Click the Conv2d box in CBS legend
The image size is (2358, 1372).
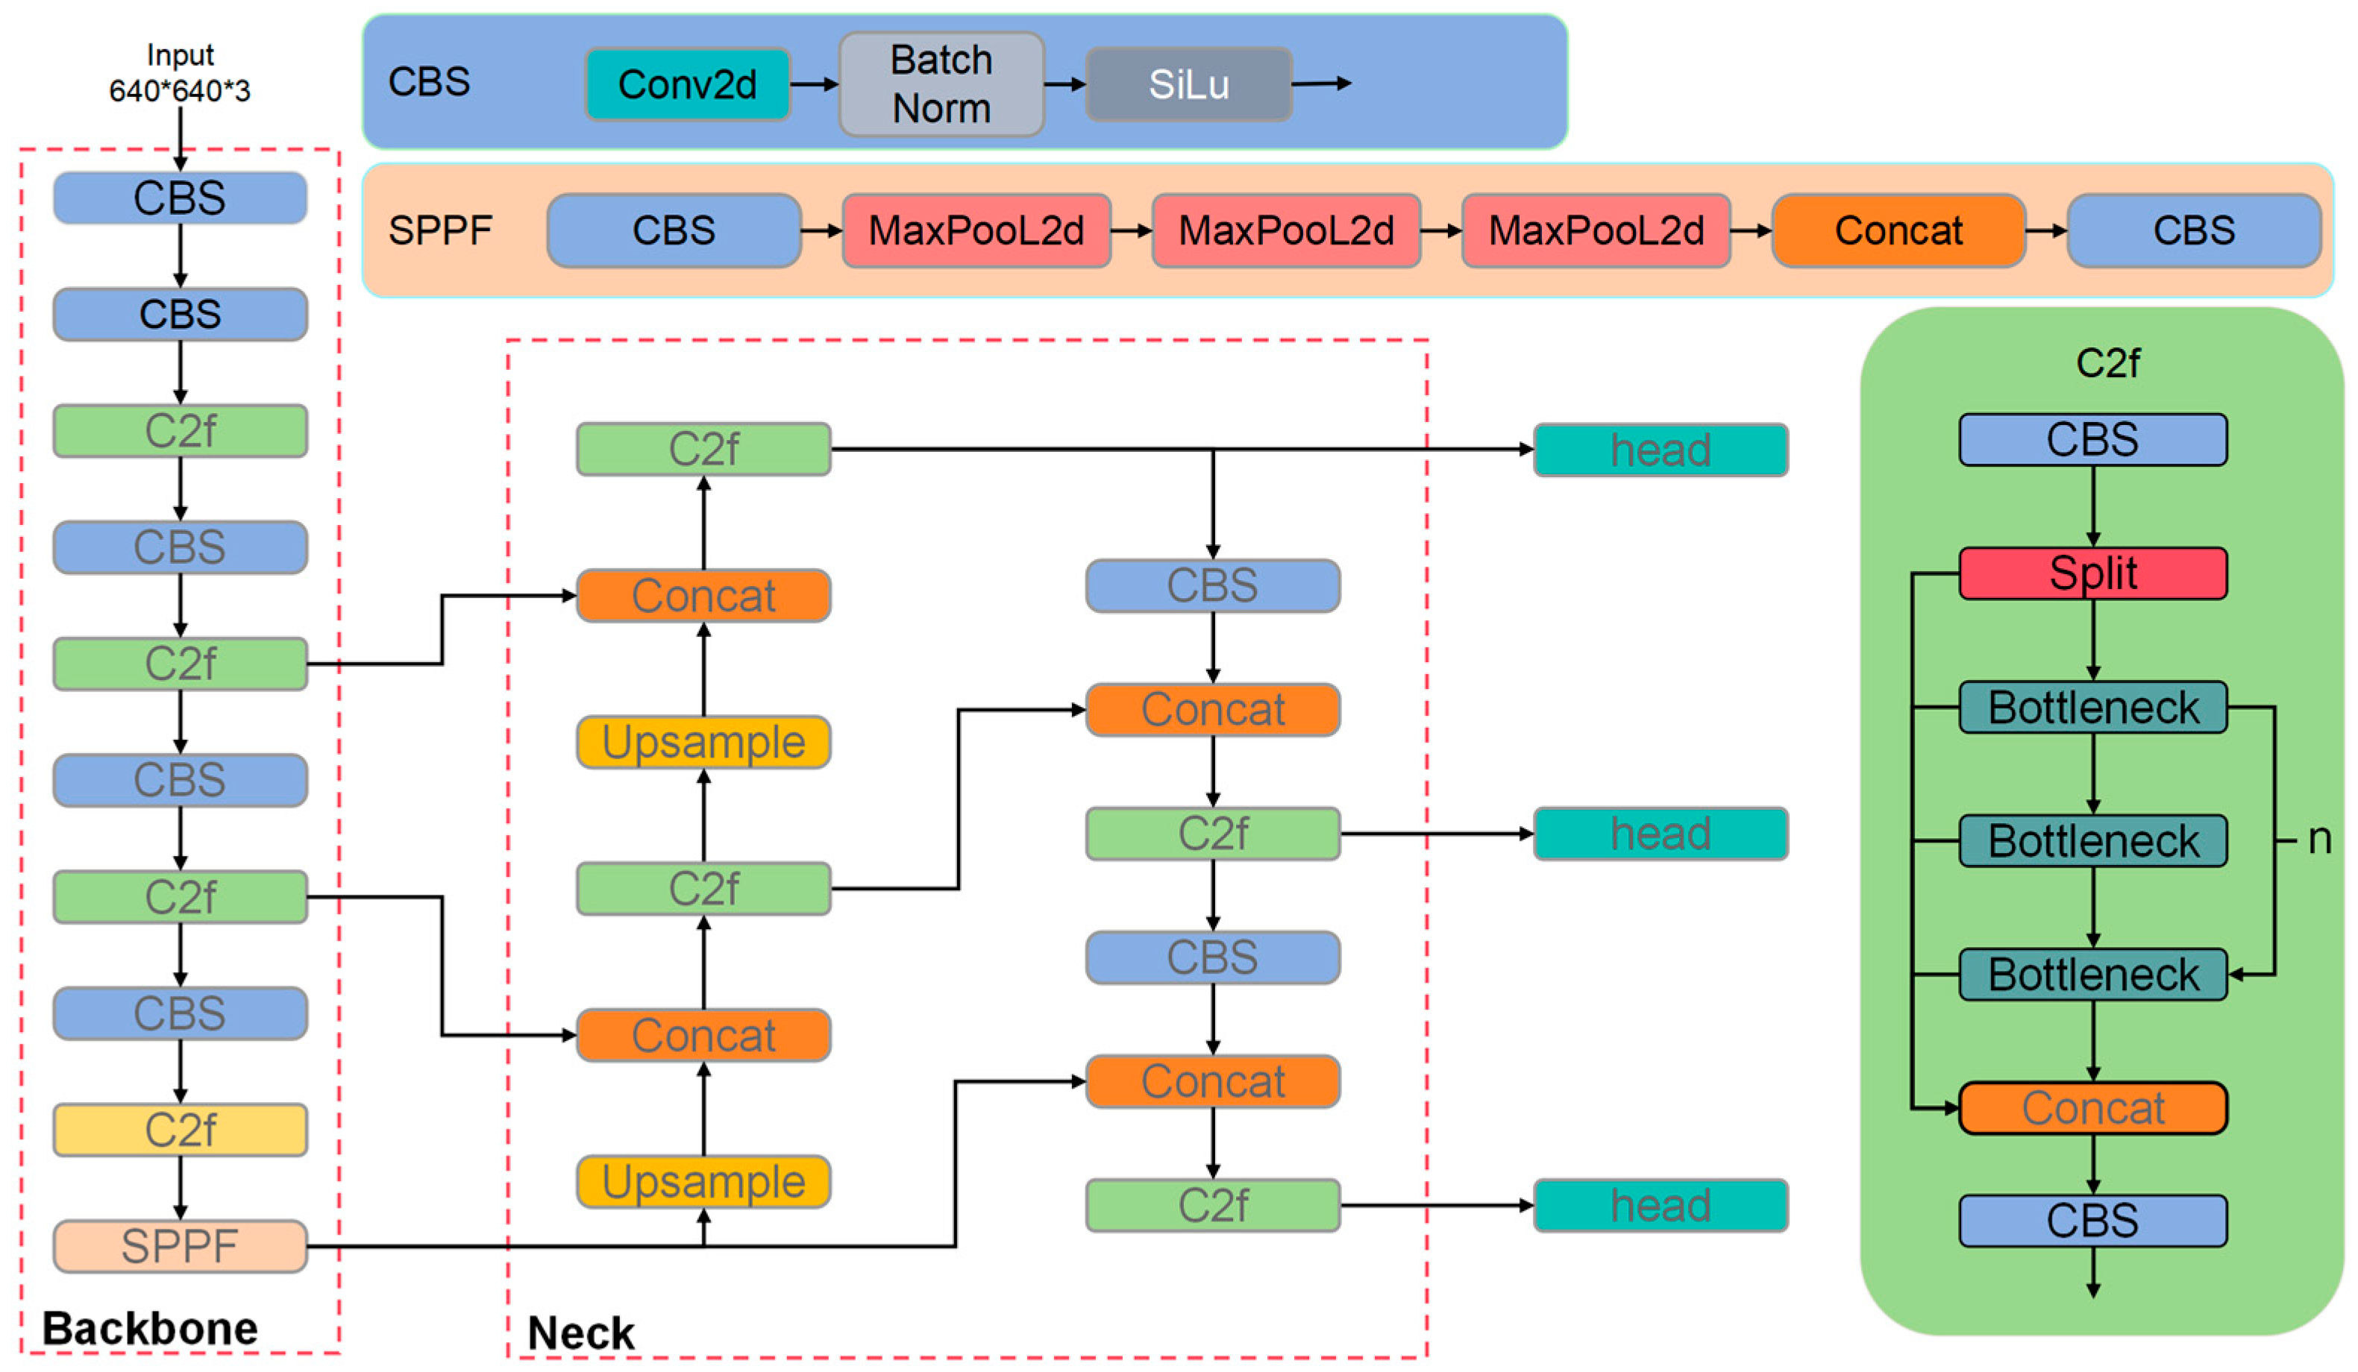(687, 84)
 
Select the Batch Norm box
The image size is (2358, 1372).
(941, 84)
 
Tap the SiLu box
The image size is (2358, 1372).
(1188, 84)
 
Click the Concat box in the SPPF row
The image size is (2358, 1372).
(1898, 230)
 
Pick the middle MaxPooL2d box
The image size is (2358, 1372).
(1285, 230)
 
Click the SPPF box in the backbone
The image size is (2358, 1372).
(180, 1246)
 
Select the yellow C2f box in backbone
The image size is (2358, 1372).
(180, 1130)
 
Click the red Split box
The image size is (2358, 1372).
(2092, 573)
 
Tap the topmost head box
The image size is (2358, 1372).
(1660, 450)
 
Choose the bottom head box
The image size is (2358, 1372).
(1660, 1206)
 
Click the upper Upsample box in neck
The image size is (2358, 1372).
(703, 743)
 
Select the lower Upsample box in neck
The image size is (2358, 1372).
(703, 1182)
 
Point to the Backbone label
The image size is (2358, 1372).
(150, 1329)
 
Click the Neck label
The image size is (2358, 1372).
(580, 1332)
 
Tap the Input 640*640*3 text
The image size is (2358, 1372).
(180, 73)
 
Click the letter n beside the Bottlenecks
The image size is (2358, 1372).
(2318, 839)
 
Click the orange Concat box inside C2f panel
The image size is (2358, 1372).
(2092, 1108)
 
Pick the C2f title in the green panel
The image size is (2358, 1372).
(2107, 363)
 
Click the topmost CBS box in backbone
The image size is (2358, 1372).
(180, 198)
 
